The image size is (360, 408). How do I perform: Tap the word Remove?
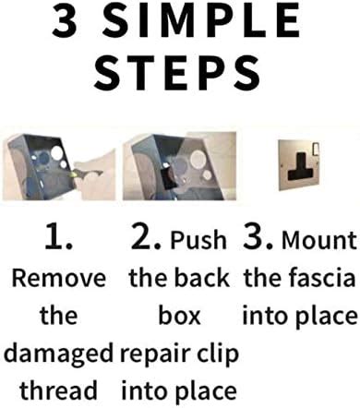coord(58,279)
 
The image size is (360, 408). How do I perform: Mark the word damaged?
coord(58,354)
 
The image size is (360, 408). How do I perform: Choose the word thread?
coord(58,391)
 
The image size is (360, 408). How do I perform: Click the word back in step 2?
coord(202,279)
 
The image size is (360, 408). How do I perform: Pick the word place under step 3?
coord(324,317)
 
